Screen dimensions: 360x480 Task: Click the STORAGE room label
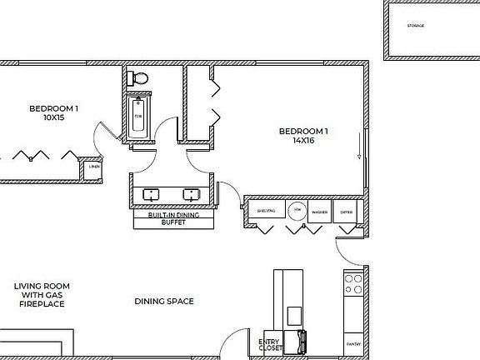(415, 26)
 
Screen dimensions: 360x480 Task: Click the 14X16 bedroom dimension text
(303, 141)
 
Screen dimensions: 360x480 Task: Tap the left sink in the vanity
(152, 195)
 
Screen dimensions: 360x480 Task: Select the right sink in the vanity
(192, 195)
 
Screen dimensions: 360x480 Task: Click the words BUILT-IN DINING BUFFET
(172, 219)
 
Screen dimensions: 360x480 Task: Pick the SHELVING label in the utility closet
(266, 212)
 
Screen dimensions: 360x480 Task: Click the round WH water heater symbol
(296, 211)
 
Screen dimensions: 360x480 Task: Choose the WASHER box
(318, 212)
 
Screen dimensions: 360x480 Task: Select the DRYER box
(346, 212)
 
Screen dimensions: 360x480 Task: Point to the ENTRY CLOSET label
(270, 344)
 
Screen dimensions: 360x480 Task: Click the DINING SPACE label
(164, 301)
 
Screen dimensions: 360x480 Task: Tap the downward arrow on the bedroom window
(359, 150)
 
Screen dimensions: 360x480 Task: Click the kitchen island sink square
(294, 316)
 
